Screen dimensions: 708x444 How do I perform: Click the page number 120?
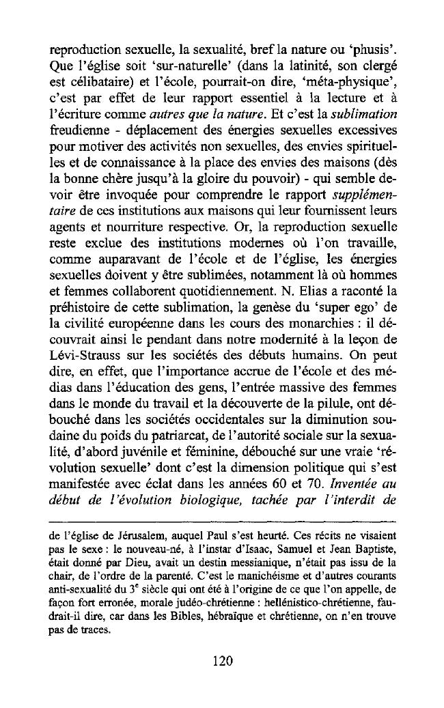[223, 660]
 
